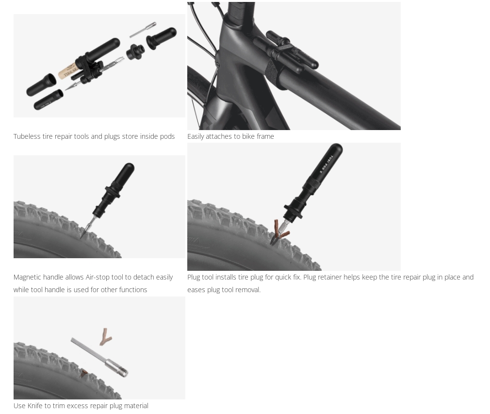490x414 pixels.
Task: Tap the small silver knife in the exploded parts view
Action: [143, 29]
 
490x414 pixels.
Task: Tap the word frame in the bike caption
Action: [265, 136]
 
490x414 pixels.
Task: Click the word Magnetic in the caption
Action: [27, 277]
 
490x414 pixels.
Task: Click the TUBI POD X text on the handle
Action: [326, 165]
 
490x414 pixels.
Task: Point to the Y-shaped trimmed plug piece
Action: [105, 336]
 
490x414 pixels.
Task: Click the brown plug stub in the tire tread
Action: [84, 373]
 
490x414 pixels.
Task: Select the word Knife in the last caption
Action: [35, 406]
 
